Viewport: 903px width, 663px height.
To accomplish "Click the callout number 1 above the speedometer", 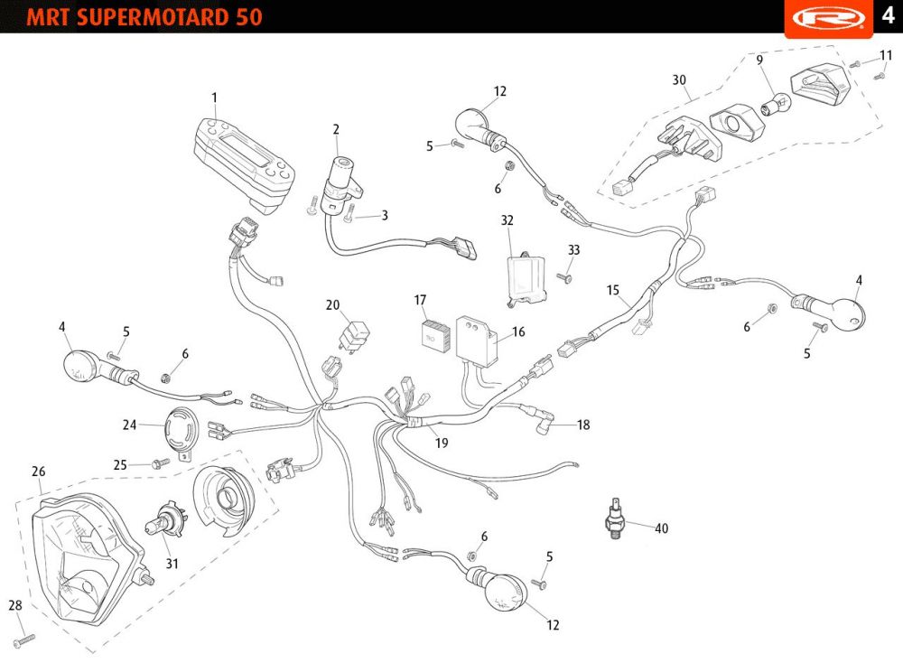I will pyautogui.click(x=214, y=97).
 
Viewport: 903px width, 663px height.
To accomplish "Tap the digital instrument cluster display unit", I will pyautogui.click(x=245, y=159).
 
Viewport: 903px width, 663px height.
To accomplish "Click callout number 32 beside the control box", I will pyautogui.click(x=507, y=219).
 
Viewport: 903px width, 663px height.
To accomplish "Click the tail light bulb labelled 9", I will pyautogui.click(x=771, y=107).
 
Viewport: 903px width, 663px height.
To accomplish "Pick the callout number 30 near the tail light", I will pyautogui.click(x=678, y=79).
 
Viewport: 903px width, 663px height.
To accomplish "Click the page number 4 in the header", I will pyautogui.click(x=888, y=17).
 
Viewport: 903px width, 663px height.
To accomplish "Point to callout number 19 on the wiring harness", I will pyautogui.click(x=441, y=443).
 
